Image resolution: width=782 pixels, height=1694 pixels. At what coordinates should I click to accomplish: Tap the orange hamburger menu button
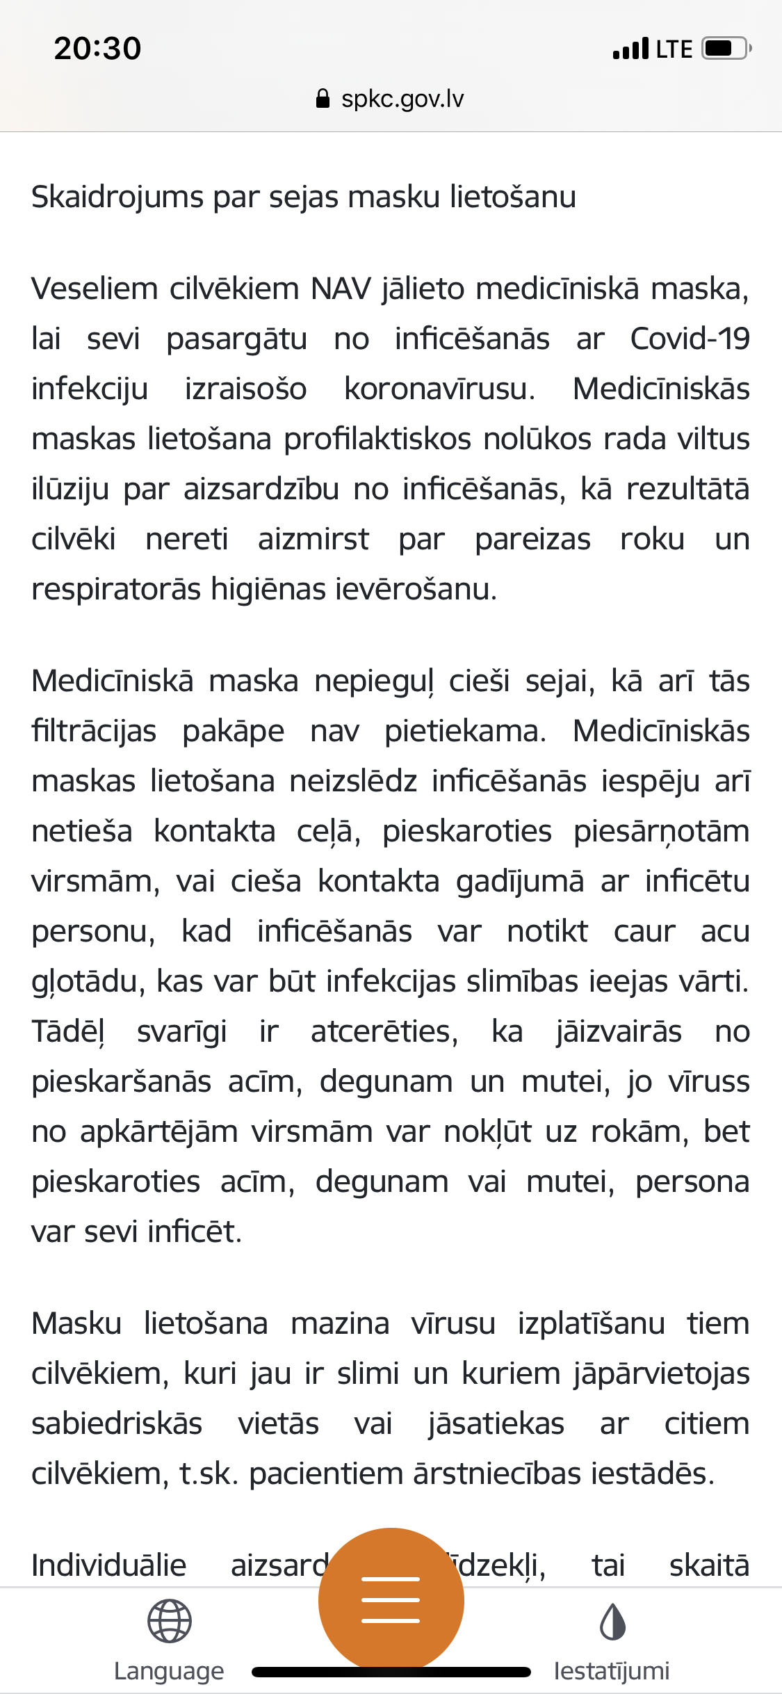pos(391,1599)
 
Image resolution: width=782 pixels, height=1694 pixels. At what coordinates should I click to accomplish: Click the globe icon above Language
pos(169,1621)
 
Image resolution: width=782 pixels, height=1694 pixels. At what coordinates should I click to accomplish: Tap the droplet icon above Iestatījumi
pos(612,1621)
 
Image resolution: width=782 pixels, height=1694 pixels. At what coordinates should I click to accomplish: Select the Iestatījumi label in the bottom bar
pos(612,1670)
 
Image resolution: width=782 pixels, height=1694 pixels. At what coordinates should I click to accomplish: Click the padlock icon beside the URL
pos(323,99)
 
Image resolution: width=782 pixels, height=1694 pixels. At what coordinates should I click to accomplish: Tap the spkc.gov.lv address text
pos(402,99)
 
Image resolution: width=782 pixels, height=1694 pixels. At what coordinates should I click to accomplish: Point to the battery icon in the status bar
pos(726,49)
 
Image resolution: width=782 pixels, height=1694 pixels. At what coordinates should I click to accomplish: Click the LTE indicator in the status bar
pos(674,49)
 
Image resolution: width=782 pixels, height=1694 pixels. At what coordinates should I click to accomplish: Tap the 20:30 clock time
pos(97,49)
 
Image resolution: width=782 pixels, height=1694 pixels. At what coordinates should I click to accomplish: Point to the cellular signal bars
pos(630,49)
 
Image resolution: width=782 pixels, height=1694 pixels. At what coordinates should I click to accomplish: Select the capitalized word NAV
pos(341,289)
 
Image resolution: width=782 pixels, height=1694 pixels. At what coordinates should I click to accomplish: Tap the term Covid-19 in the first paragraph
pos(690,339)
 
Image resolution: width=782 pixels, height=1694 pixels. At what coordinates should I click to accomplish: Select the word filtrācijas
pos(94,731)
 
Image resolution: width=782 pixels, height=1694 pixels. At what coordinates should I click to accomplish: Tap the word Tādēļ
pos(67,1031)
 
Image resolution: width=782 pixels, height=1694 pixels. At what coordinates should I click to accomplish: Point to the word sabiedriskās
pos(117,1423)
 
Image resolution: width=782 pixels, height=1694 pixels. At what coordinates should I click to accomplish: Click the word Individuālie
pos(109,1565)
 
